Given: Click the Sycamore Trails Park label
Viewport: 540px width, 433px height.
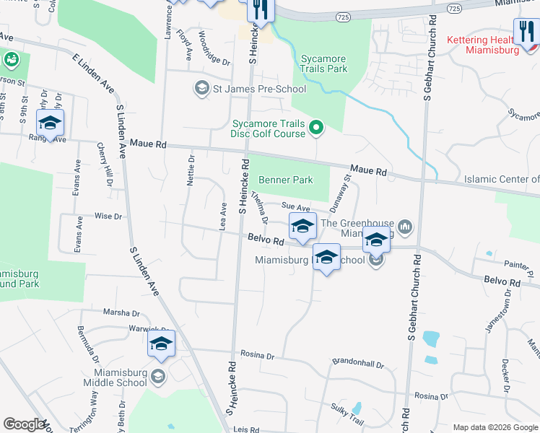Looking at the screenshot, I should pos(323,64).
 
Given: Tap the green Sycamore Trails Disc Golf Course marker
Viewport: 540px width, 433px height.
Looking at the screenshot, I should pos(315,129).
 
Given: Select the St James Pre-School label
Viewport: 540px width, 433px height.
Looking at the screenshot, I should pos(259,89).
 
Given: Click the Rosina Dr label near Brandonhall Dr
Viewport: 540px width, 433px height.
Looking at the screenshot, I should pos(261,356).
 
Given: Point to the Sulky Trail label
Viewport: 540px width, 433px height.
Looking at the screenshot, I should pos(348,414).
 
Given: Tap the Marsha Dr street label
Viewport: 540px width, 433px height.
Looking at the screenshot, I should pos(122,313).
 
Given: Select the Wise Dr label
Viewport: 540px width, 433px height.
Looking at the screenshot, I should pos(108,216).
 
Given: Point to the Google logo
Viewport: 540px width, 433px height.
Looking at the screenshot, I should pos(24,424).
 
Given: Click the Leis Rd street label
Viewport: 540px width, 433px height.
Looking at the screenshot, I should pos(245,429).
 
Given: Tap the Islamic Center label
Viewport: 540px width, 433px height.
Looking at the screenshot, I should pos(502,179).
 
